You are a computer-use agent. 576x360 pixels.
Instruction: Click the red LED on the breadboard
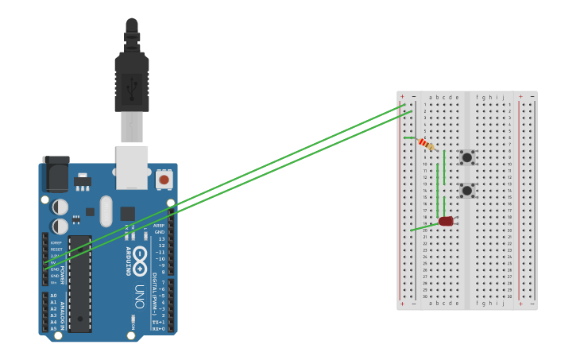tap(446, 221)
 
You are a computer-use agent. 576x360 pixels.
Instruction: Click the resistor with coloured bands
tap(427, 144)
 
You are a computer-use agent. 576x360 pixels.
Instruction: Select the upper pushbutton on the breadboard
tap(467, 157)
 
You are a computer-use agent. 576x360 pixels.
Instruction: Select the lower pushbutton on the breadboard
tap(467, 190)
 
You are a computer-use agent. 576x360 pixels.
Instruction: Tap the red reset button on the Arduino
tap(164, 180)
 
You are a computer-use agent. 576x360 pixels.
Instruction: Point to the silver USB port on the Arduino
tap(132, 166)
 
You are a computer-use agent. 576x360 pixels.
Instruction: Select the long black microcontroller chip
tap(79, 282)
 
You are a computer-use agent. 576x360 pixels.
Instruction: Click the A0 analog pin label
tap(54, 296)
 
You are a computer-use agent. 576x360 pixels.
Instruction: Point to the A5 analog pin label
tap(54, 327)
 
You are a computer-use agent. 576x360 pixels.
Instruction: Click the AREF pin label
tap(159, 225)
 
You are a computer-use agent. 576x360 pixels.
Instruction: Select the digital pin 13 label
tap(161, 238)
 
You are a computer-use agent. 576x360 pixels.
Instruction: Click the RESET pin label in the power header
tap(56, 249)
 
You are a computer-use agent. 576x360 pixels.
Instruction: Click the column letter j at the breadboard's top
tap(503, 97)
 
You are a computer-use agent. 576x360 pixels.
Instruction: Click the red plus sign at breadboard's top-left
tap(402, 96)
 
